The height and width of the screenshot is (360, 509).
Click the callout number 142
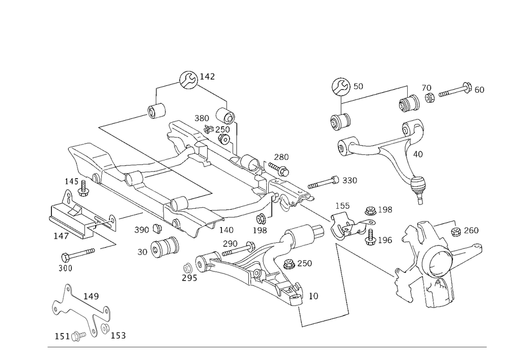tap(207, 77)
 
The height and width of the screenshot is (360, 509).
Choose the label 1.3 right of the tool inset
tap(119, 336)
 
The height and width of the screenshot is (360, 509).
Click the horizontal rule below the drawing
tap(267, 346)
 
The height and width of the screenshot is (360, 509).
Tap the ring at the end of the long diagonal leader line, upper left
tap(157, 110)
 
